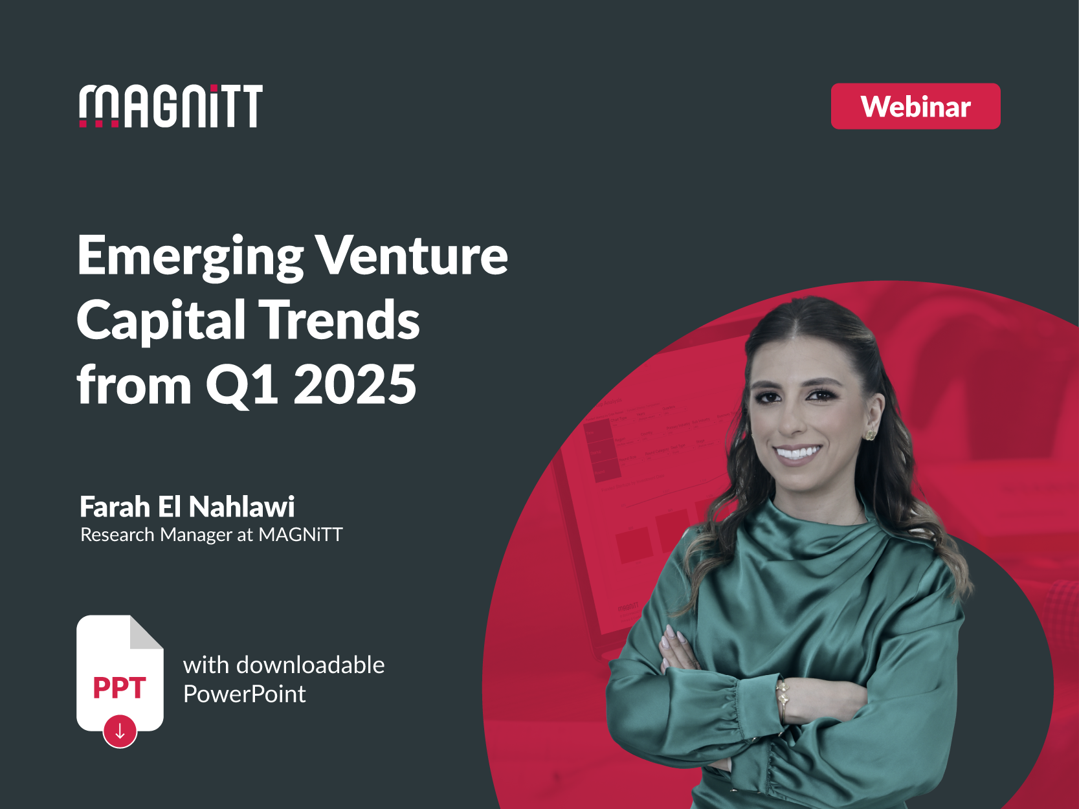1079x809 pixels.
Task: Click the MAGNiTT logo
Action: (171, 106)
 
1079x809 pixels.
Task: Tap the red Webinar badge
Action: (915, 106)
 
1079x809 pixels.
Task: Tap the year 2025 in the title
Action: (355, 384)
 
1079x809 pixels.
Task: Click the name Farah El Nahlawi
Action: (187, 507)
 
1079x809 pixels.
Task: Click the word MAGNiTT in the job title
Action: (300, 535)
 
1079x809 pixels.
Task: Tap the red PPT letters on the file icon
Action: (120, 688)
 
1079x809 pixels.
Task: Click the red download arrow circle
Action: (120, 731)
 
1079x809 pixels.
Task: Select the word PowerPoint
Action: (244, 694)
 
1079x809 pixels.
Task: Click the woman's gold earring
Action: (871, 432)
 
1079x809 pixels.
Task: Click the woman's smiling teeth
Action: (798, 452)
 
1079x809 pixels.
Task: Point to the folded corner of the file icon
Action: (146, 632)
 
